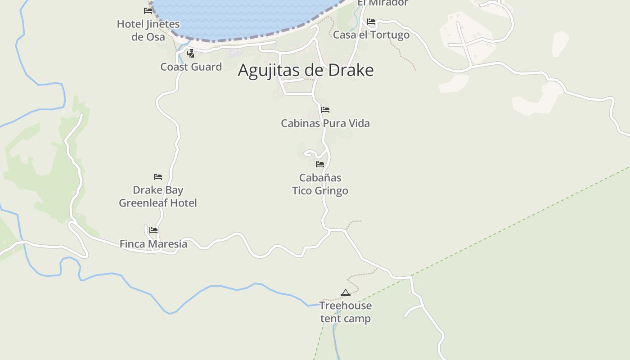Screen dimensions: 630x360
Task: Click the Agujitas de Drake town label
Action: [x=306, y=70]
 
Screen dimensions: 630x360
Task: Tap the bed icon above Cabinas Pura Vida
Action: [x=325, y=110]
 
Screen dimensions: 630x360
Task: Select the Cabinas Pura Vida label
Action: [x=325, y=123]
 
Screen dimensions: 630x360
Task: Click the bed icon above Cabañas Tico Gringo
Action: [x=320, y=164]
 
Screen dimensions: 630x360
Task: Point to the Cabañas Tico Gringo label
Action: [x=320, y=184]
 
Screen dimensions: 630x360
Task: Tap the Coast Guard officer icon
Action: [x=191, y=54]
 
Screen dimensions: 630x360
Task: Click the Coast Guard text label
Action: [x=191, y=67]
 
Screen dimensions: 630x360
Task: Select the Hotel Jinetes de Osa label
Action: [x=148, y=30]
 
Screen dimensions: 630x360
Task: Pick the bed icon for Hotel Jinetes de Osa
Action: [x=148, y=10]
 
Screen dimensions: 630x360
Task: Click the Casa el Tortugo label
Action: [x=371, y=35]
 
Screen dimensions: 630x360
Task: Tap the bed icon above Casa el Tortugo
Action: [x=371, y=22]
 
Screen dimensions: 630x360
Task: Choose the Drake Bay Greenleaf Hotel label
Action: [x=158, y=197]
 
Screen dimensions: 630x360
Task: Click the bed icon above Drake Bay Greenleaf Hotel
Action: [x=158, y=177]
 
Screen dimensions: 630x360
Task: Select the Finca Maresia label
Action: [x=153, y=244]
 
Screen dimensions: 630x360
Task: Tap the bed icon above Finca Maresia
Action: [x=153, y=230]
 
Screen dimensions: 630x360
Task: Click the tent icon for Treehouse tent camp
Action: [x=346, y=293]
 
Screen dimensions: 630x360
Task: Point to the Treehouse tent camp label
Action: [x=346, y=312]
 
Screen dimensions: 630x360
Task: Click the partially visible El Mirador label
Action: [x=383, y=3]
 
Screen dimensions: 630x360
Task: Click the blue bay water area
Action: [x=243, y=18]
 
